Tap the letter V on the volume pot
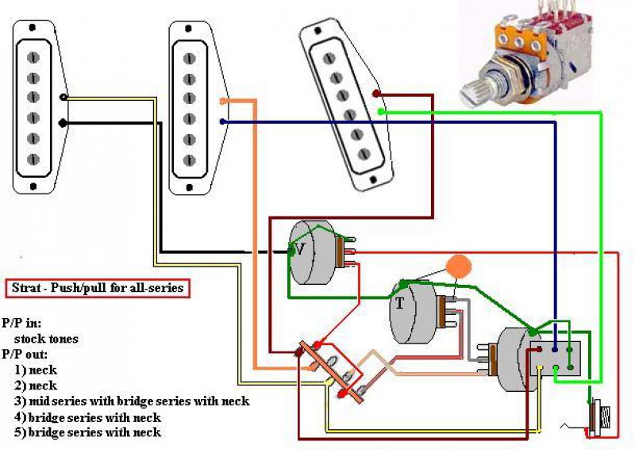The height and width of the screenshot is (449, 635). [x=300, y=248]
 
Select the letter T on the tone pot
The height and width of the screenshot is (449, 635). [x=400, y=302]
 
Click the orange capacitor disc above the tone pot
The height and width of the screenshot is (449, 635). [x=458, y=267]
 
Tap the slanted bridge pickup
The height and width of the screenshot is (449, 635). [x=346, y=104]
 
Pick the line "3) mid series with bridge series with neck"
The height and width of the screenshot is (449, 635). [x=132, y=401]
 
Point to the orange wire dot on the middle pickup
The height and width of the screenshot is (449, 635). [x=224, y=102]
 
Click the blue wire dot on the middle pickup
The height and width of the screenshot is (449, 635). [x=223, y=121]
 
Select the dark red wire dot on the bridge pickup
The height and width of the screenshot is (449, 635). [x=375, y=94]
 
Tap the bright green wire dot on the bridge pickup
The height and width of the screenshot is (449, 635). [x=381, y=112]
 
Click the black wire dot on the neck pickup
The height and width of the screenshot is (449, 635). [x=63, y=122]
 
